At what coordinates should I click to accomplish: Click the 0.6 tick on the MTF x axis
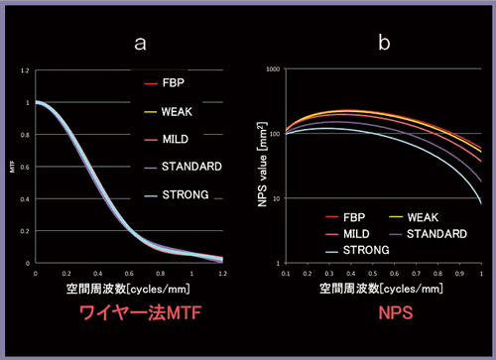pos(132,273)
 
